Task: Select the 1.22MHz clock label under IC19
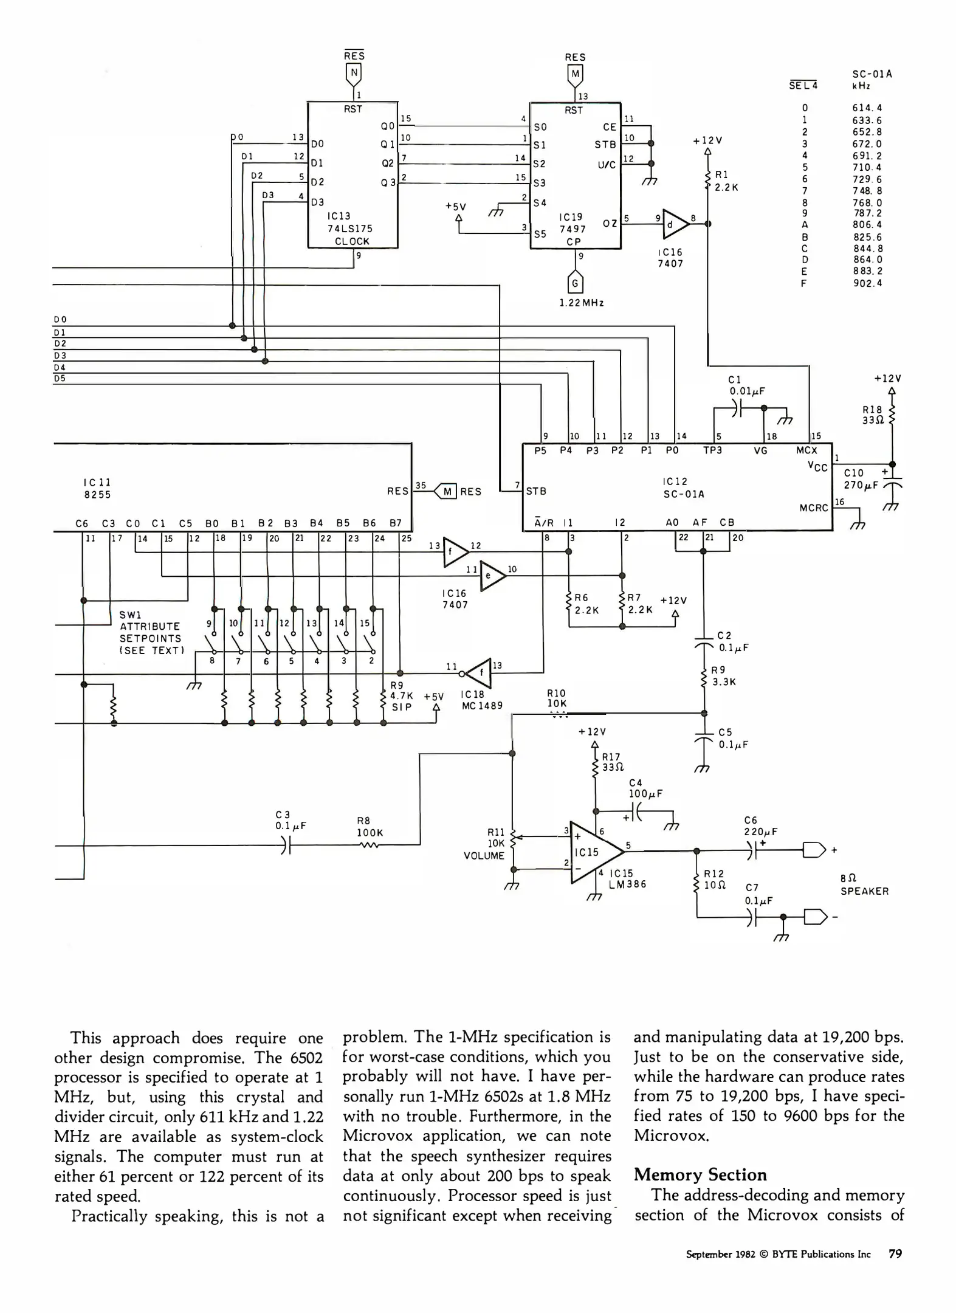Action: coord(582,303)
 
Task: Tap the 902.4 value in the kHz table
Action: coord(867,283)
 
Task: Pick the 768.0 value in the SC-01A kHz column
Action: coord(867,203)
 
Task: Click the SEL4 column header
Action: coord(803,86)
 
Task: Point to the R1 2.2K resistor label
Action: coord(726,181)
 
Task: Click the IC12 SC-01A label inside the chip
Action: coord(683,488)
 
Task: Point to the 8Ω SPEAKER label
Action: coord(864,885)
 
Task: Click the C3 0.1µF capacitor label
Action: coord(290,820)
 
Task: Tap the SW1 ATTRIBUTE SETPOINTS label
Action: coord(150,632)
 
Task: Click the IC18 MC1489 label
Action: coord(481,700)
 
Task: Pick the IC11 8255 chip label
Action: coord(97,488)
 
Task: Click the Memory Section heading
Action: coord(700,1174)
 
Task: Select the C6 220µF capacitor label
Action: coord(760,826)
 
